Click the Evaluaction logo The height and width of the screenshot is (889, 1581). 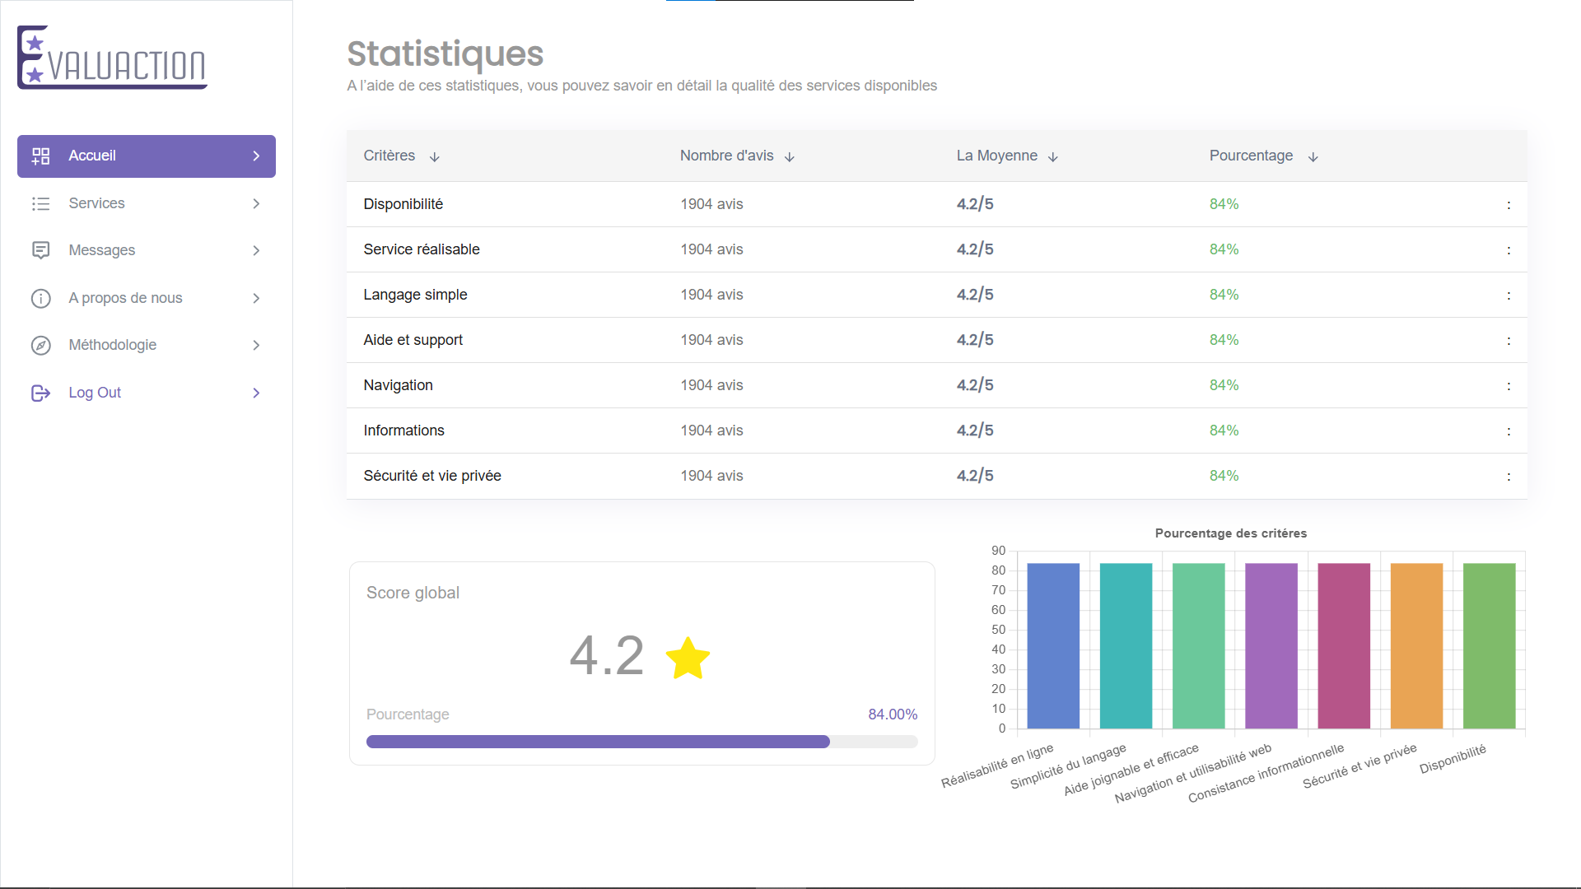(x=112, y=58)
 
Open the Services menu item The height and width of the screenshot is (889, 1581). (x=96, y=203)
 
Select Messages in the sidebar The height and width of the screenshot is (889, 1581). (x=101, y=250)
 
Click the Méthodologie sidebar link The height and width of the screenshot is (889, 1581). (x=112, y=345)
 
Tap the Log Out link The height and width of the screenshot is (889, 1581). (x=94, y=393)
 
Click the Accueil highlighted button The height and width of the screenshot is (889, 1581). (x=146, y=156)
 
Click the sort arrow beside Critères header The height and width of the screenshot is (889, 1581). (x=435, y=156)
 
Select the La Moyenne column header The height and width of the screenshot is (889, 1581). (x=996, y=156)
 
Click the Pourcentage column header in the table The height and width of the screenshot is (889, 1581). (x=1250, y=156)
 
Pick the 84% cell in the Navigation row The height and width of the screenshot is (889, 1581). (x=1224, y=385)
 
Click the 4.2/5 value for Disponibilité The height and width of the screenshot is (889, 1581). (x=975, y=204)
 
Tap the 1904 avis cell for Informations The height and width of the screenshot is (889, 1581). (x=711, y=431)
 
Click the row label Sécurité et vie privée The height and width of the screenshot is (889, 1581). (x=432, y=476)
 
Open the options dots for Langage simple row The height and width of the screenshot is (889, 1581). (x=1509, y=296)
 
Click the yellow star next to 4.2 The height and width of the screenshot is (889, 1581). (x=688, y=658)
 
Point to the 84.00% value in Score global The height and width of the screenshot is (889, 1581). (x=892, y=714)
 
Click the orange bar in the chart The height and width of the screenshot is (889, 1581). (x=1416, y=646)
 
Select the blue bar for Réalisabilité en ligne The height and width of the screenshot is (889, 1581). (x=1053, y=646)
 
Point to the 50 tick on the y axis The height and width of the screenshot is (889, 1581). (x=998, y=630)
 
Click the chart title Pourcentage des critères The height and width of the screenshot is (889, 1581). (x=1230, y=533)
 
